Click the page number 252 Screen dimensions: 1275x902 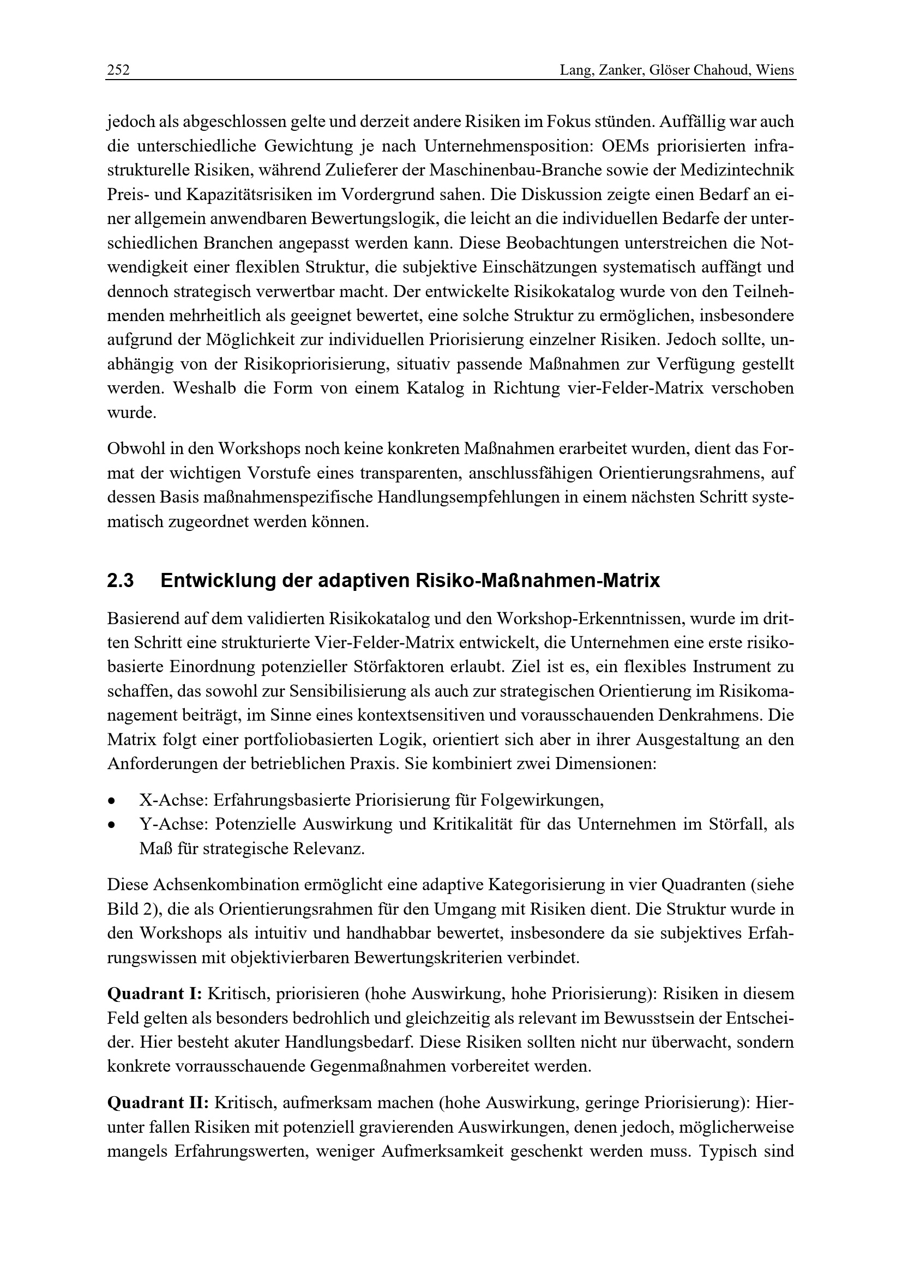click(118, 71)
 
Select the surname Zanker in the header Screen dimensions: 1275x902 click(614, 71)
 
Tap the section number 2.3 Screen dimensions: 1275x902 click(120, 581)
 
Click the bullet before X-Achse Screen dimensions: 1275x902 click(112, 801)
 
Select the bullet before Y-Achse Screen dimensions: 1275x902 click(112, 826)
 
